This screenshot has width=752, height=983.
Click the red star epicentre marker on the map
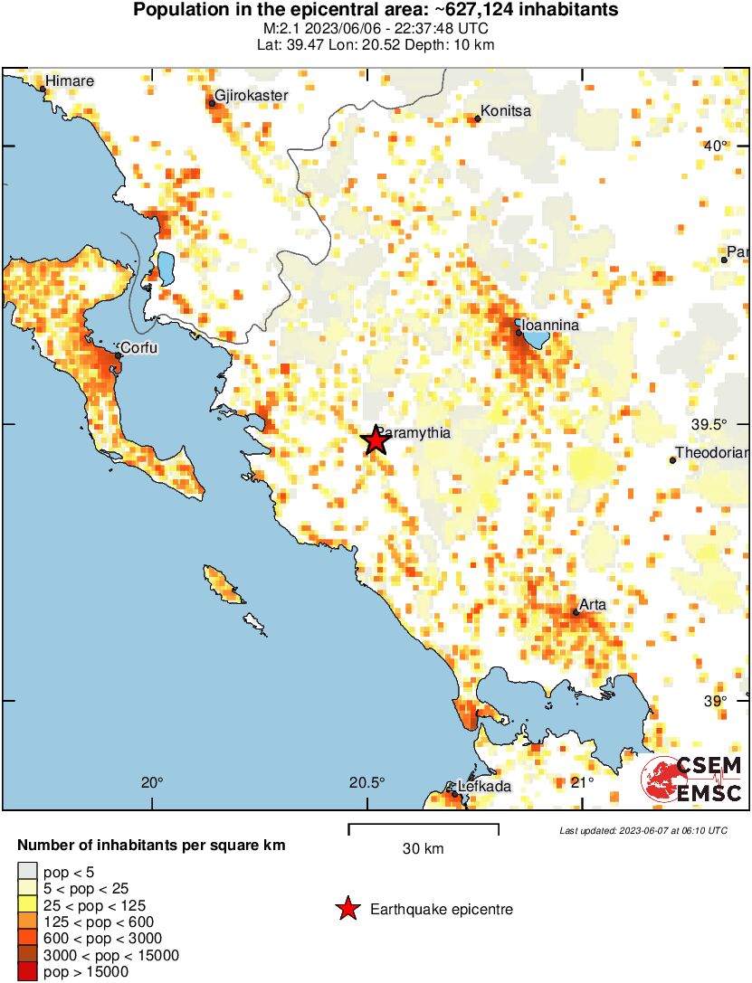[376, 440]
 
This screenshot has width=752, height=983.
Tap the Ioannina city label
[547, 325]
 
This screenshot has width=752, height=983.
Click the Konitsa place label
[505, 111]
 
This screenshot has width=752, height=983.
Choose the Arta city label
[593, 604]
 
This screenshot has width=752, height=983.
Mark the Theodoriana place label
[713, 453]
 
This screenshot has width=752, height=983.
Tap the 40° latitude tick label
[715, 147]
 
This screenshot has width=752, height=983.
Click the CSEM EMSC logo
[692, 780]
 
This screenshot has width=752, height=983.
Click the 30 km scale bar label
[423, 848]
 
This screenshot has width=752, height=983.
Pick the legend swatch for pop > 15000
[26, 972]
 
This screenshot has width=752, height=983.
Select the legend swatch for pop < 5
[26, 873]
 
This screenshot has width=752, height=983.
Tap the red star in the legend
[347, 909]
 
